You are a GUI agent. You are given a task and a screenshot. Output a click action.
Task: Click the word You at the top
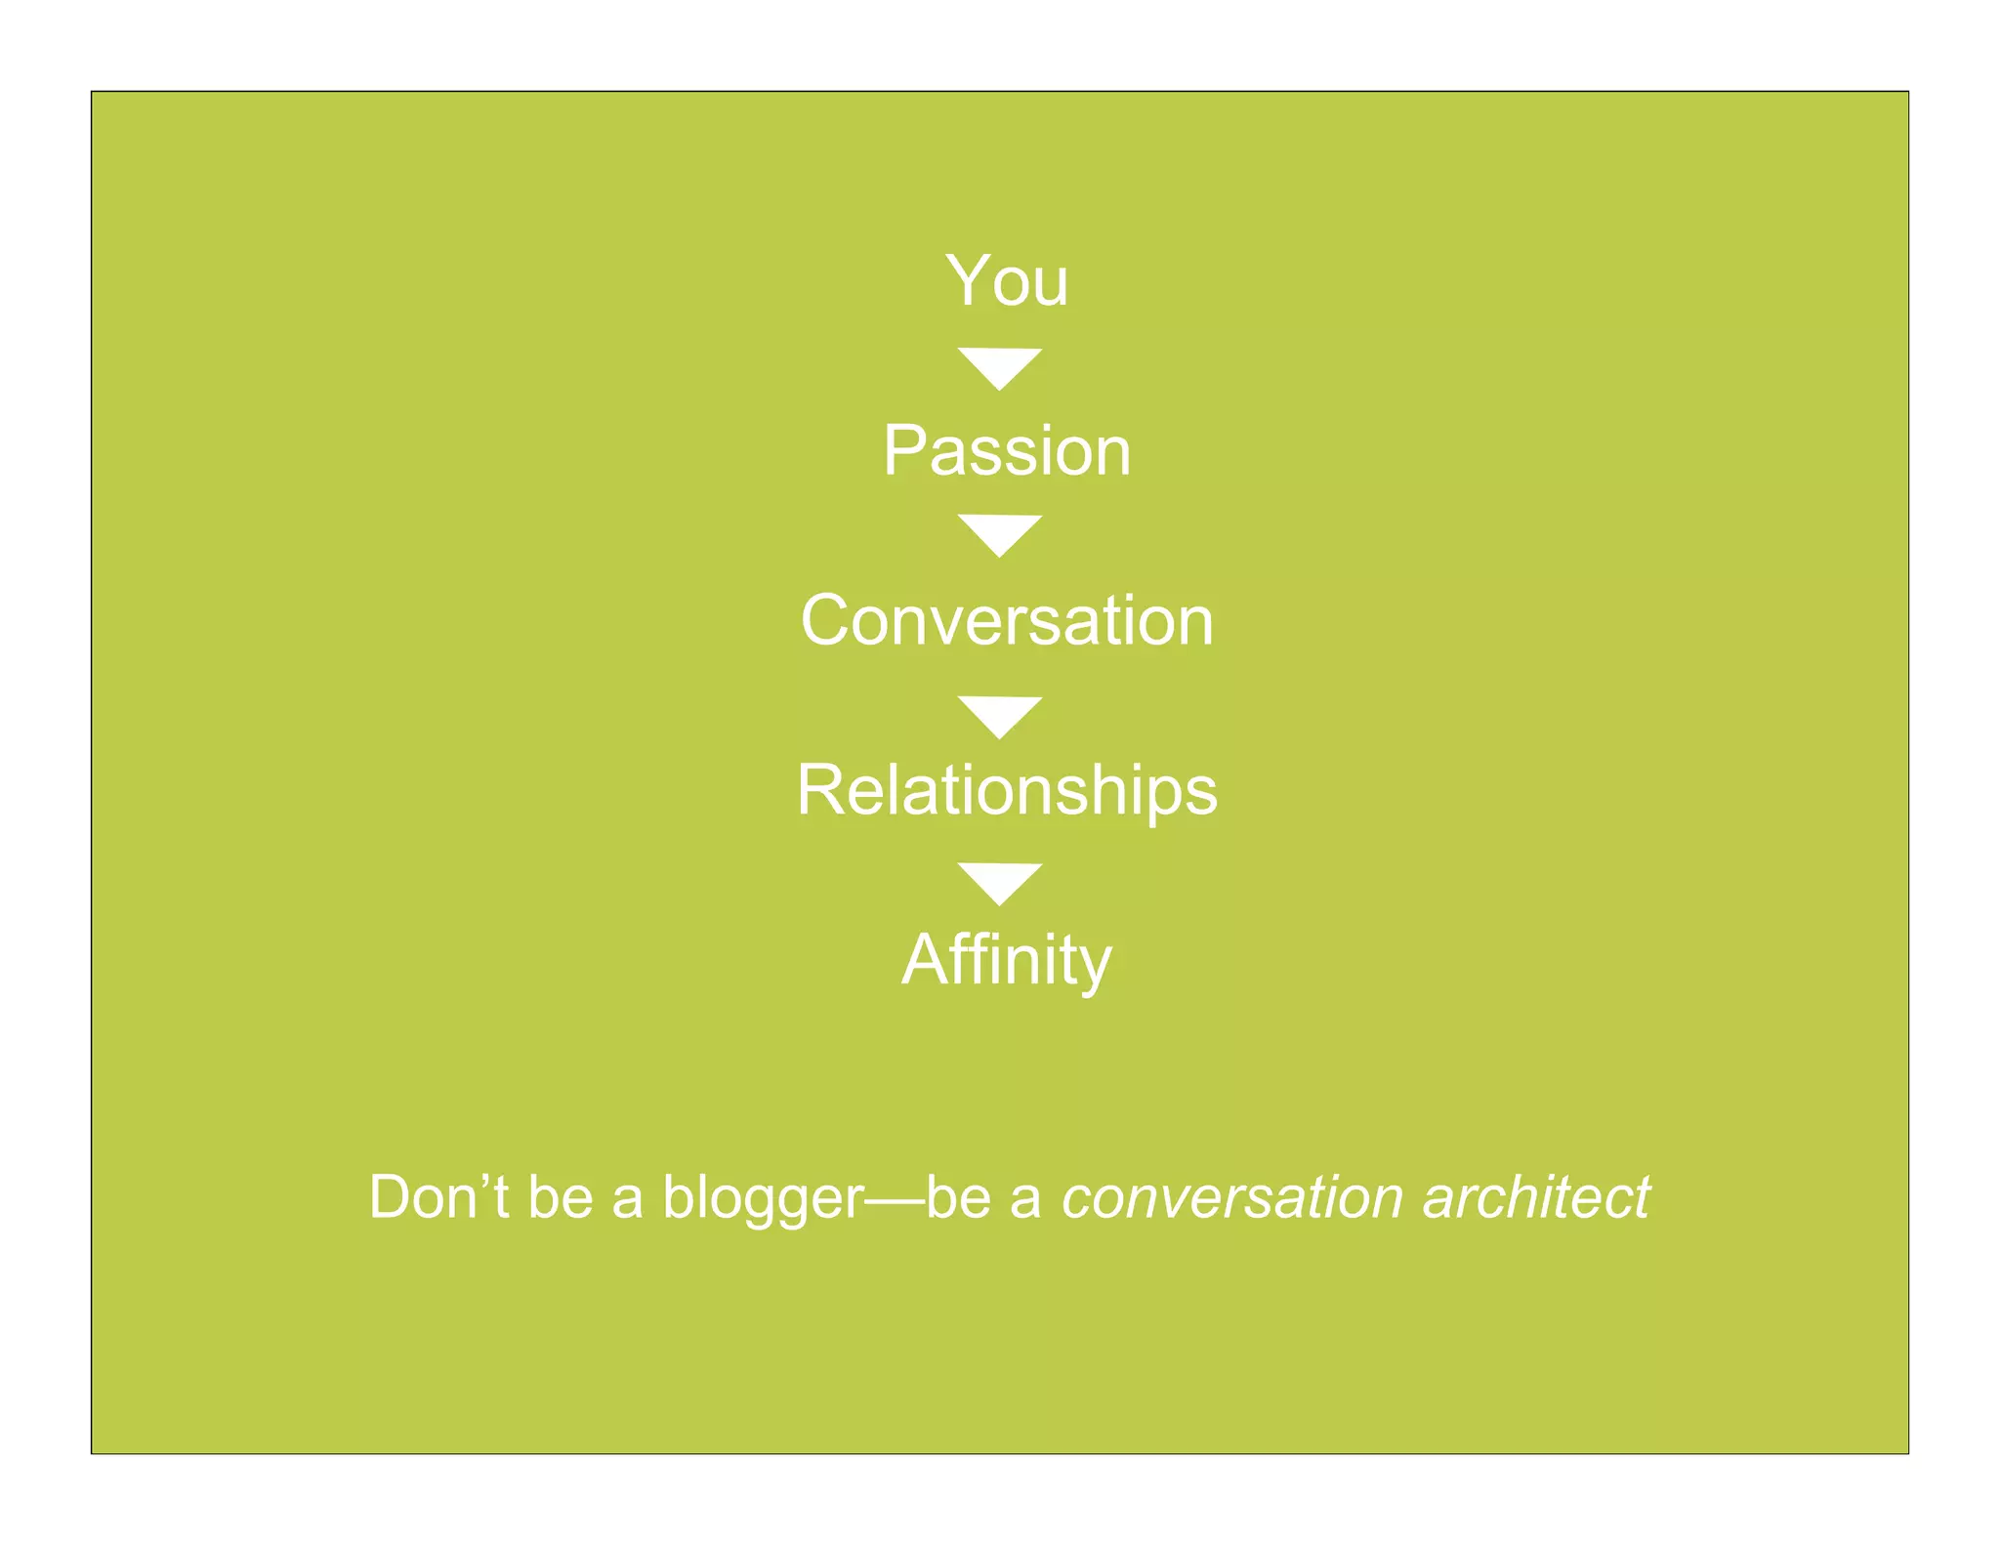pyautogui.click(x=1007, y=281)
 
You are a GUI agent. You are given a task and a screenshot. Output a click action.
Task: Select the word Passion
pyautogui.click(x=1007, y=451)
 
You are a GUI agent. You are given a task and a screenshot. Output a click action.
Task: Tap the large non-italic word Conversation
pyautogui.click(x=1007, y=620)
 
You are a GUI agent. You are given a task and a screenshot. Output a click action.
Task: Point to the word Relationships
pyautogui.click(x=1007, y=790)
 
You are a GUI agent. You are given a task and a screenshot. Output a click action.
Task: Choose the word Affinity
pyautogui.click(x=1007, y=960)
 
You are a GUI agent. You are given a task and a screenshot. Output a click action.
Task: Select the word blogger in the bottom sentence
pyautogui.click(x=763, y=1198)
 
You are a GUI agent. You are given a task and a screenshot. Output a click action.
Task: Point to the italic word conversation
pyautogui.click(x=1233, y=1197)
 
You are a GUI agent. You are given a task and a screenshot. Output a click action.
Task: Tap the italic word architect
pyautogui.click(x=1536, y=1197)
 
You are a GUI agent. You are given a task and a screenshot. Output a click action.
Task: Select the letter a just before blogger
pyautogui.click(x=628, y=1201)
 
